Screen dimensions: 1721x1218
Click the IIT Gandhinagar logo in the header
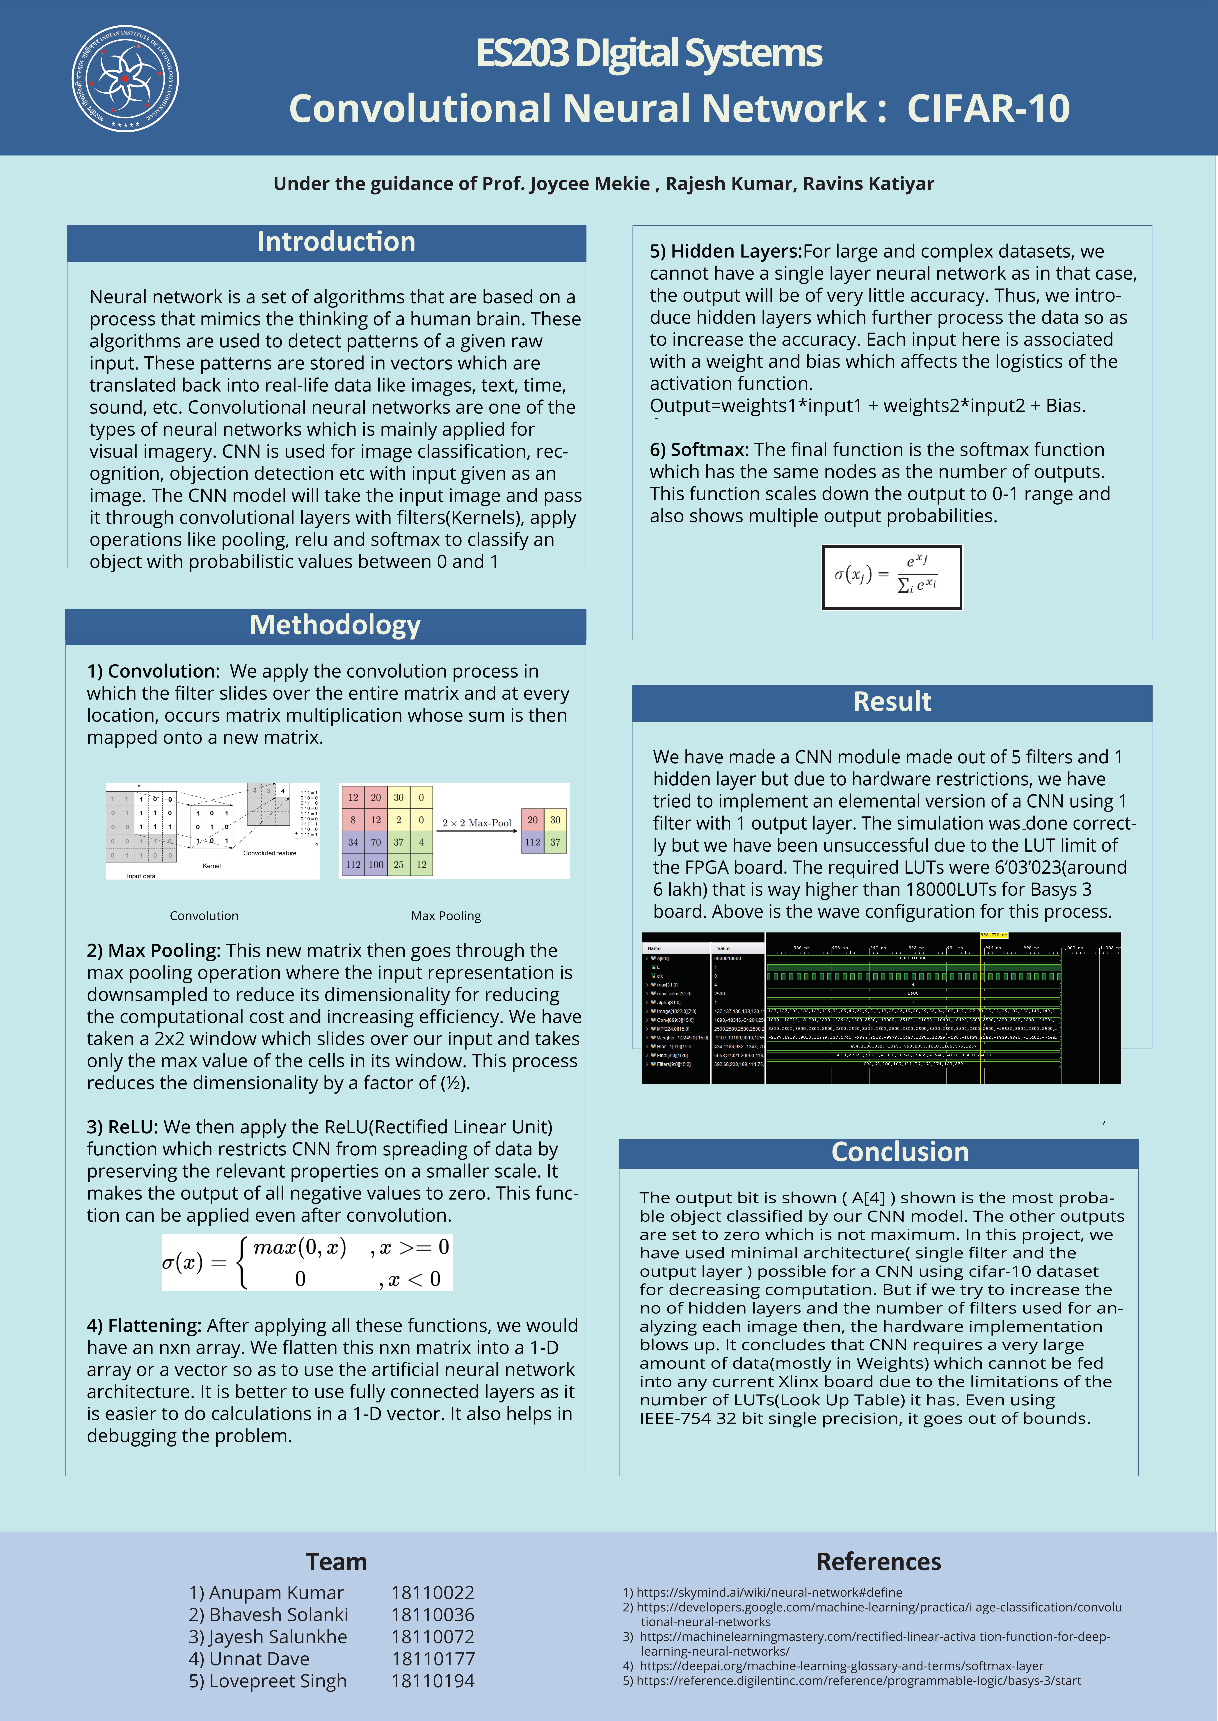tap(125, 79)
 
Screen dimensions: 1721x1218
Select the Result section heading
tap(892, 702)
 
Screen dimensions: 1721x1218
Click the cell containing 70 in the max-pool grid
tap(376, 842)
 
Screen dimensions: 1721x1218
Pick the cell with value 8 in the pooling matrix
tap(353, 820)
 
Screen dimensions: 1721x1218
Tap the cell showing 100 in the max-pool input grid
tap(376, 864)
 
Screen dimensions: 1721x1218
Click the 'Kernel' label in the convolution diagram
tap(211, 866)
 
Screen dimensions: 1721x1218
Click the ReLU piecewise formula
tap(307, 1263)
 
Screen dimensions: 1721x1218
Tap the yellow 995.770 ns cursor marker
tap(994, 935)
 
